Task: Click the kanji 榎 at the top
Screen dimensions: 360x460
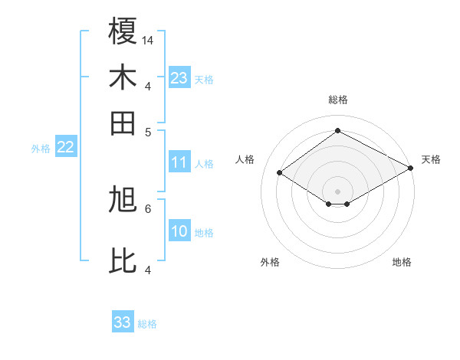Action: coord(123,31)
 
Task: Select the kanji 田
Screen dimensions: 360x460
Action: coord(123,122)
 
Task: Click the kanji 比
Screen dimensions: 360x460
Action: coord(123,260)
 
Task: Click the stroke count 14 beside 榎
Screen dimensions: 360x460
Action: coord(148,40)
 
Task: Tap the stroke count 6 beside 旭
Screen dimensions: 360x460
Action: coord(148,208)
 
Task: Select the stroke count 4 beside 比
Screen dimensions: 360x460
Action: coord(148,269)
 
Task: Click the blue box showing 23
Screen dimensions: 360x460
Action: coord(179,78)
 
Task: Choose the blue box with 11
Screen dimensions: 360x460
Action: coord(179,162)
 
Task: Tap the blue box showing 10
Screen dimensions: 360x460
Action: coord(179,232)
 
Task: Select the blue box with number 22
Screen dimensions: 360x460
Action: coord(66,148)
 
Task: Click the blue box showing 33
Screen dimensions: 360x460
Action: coord(123,322)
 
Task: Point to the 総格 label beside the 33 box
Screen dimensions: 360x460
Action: coord(147,324)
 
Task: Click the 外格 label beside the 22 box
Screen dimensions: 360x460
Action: coord(41,149)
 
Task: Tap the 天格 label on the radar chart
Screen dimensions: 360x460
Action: coord(431,159)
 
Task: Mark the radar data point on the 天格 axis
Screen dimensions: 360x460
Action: coord(411,169)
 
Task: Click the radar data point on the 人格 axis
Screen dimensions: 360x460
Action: coord(280,173)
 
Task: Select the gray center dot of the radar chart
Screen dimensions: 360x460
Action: coord(338,191)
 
